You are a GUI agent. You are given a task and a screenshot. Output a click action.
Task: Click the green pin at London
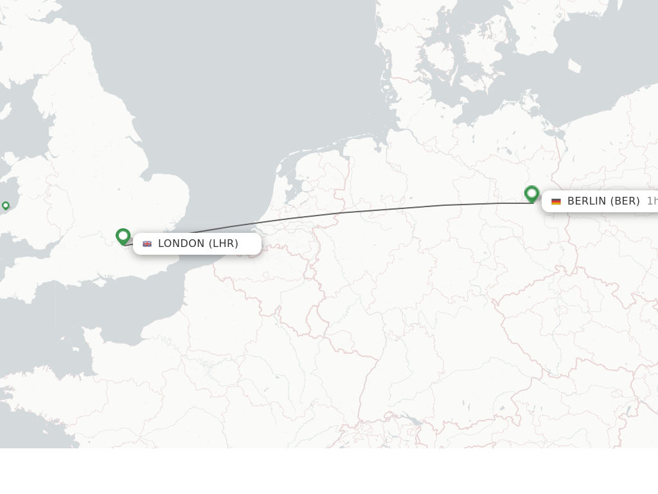(x=123, y=236)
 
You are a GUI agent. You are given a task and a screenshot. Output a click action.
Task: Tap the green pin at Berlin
(x=531, y=193)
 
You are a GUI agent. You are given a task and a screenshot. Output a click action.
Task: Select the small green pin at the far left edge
(x=6, y=206)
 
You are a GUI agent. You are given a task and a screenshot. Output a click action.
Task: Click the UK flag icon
(x=147, y=244)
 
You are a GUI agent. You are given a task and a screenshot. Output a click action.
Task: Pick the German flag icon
(x=556, y=201)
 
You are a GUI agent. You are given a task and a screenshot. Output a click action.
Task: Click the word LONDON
(x=181, y=244)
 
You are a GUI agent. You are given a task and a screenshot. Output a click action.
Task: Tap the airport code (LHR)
(x=224, y=244)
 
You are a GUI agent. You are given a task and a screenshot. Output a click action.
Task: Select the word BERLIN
(x=587, y=201)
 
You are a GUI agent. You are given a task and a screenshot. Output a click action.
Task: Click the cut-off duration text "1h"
(x=652, y=201)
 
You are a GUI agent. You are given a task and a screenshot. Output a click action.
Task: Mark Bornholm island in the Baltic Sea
(x=574, y=66)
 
